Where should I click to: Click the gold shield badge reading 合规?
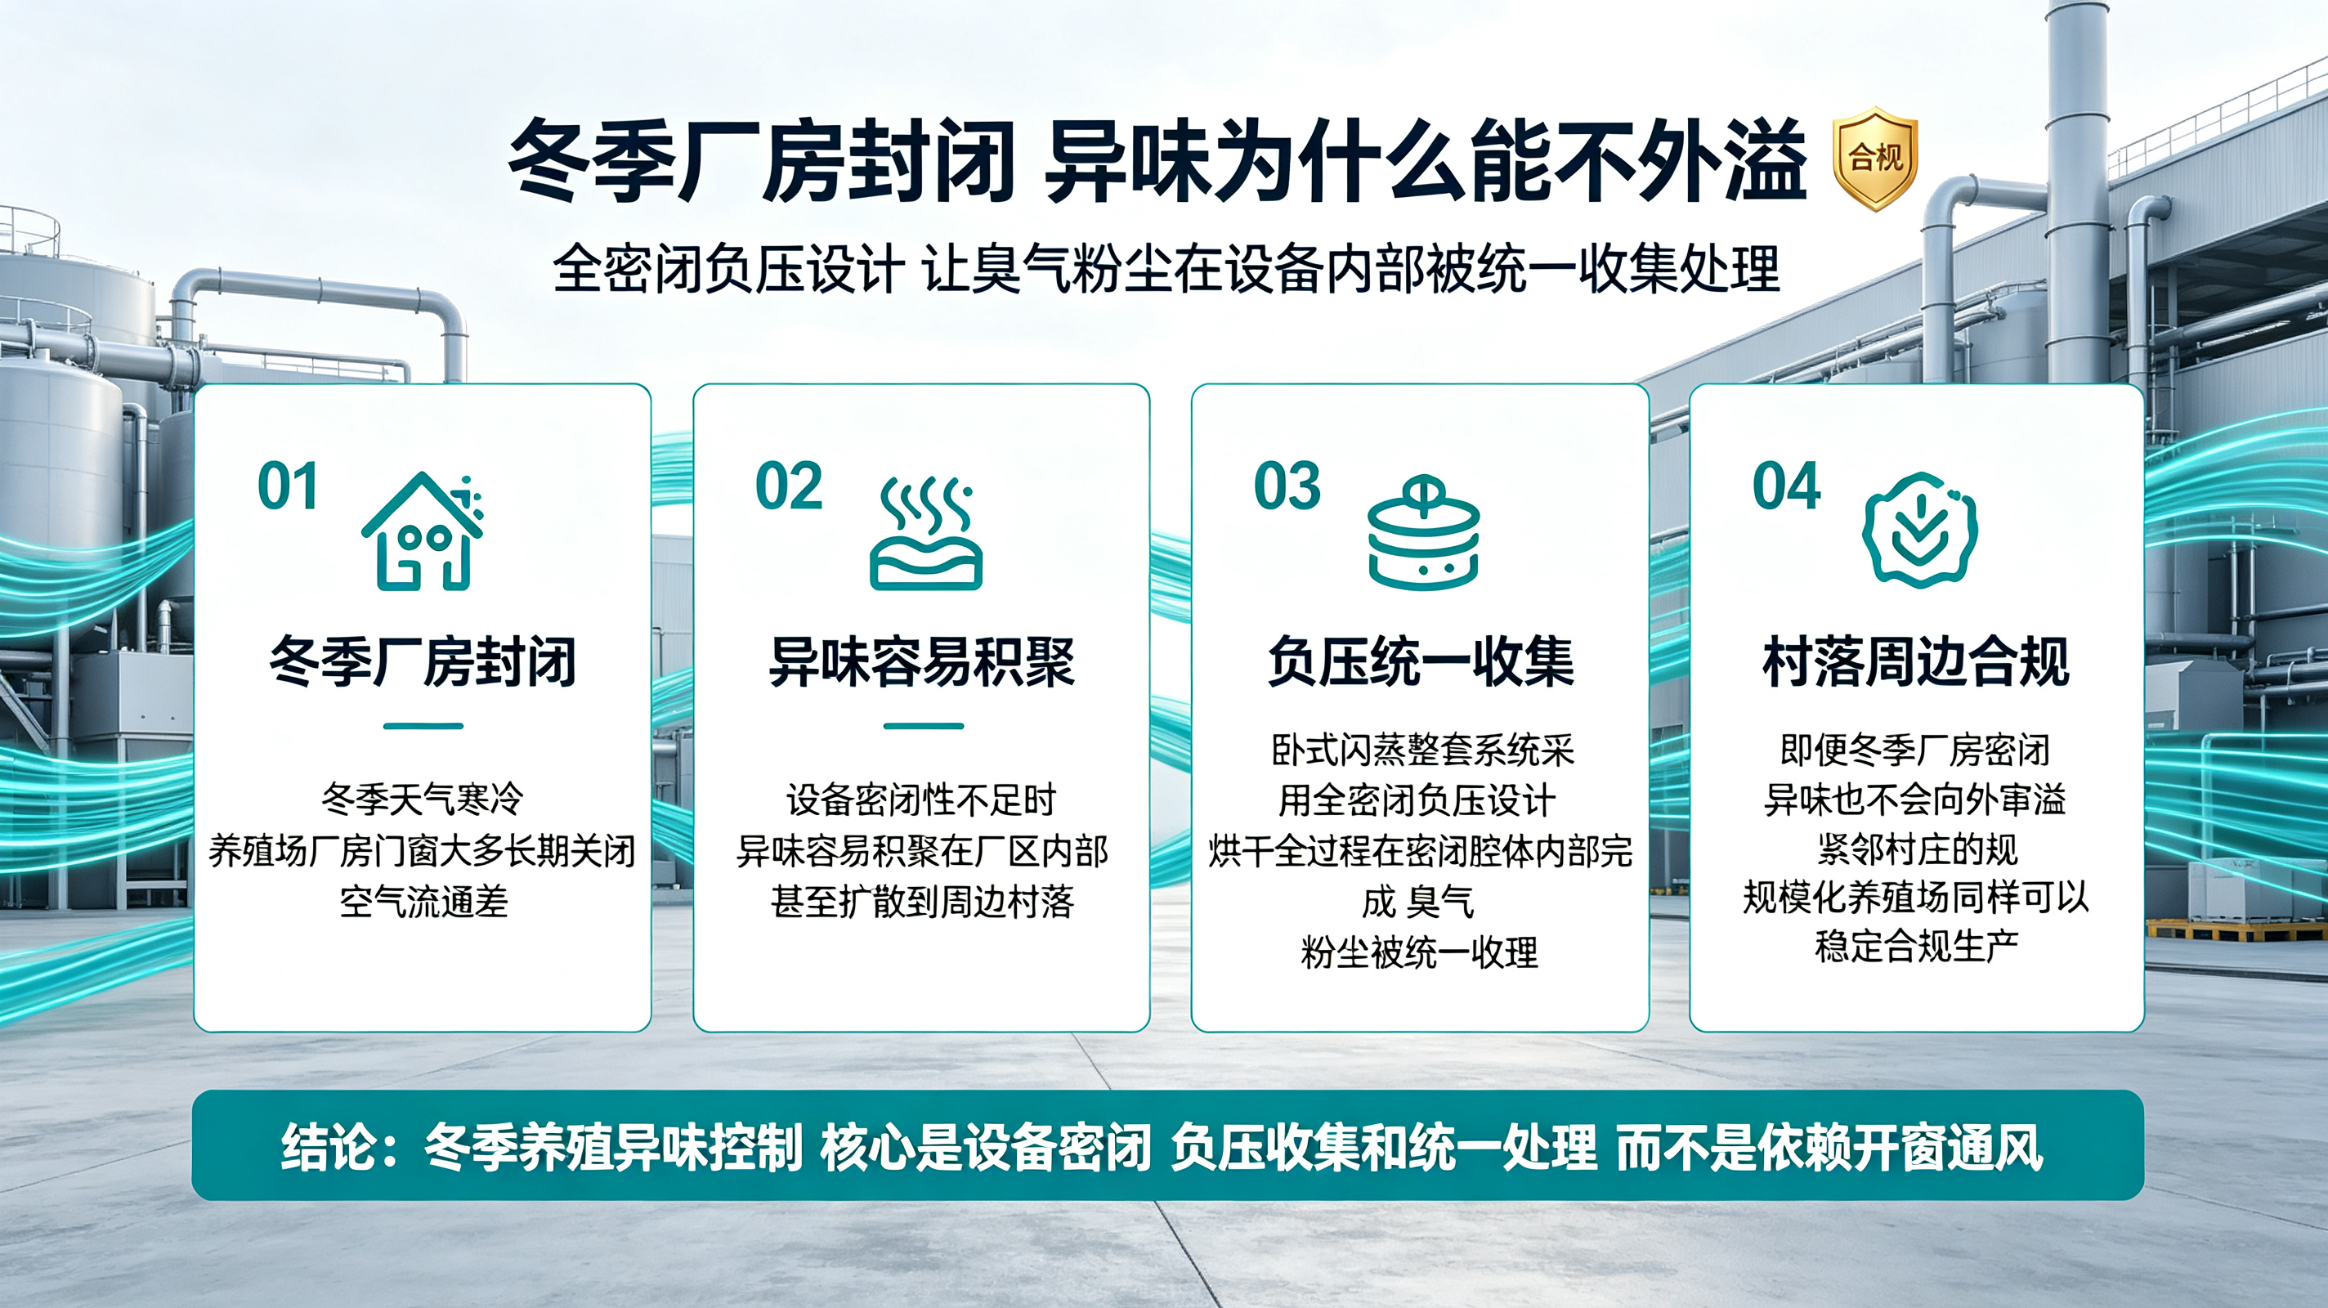1875,159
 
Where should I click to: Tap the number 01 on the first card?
288,486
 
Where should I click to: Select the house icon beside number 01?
423,531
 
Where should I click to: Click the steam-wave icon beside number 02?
925,533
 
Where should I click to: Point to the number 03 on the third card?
1287,486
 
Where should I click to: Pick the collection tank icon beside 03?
1423,532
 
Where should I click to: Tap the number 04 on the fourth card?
1786,486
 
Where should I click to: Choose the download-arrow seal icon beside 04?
1919,531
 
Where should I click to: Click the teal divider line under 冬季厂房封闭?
423,726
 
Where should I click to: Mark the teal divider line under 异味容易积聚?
924,726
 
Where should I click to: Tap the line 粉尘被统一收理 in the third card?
1419,952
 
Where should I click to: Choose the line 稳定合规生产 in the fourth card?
1917,947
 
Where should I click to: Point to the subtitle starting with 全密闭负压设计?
1166,268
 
